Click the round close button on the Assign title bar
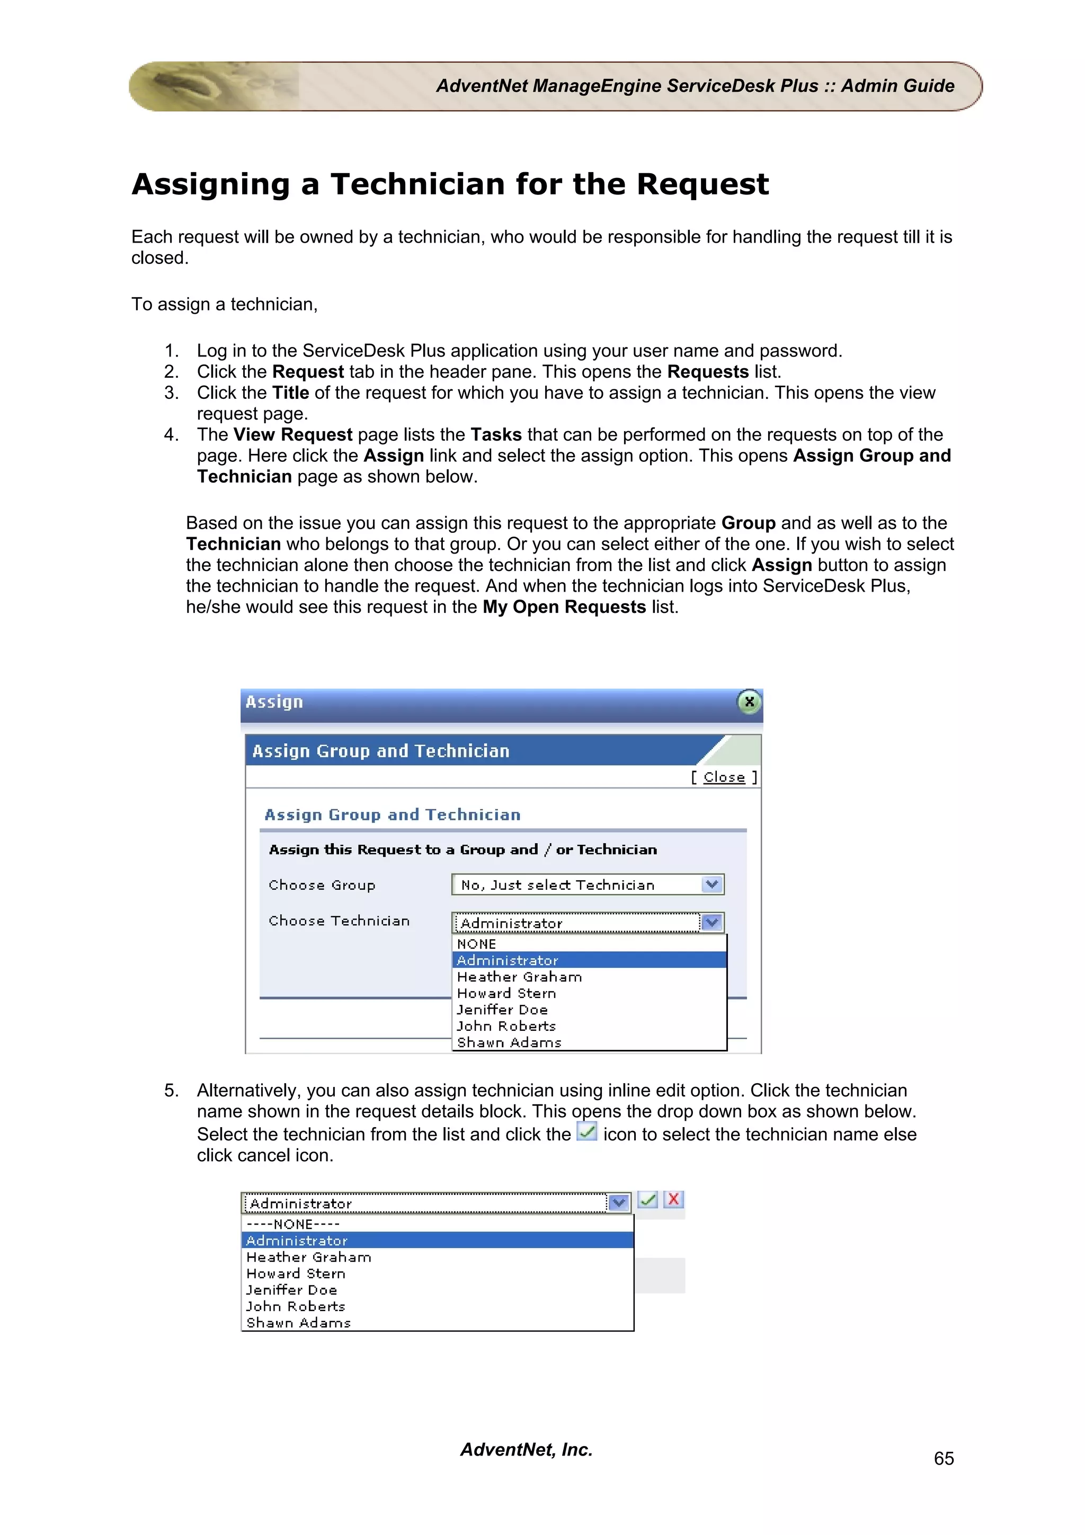(x=749, y=701)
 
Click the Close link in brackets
(x=724, y=777)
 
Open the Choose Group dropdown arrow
(x=713, y=885)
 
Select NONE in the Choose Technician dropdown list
(x=477, y=944)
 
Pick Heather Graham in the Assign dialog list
(x=519, y=977)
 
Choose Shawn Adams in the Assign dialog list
(x=509, y=1042)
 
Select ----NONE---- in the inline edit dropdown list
(x=293, y=1224)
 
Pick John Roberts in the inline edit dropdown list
(x=296, y=1306)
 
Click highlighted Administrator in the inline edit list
(x=297, y=1241)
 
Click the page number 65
(x=943, y=1458)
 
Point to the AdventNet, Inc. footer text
(x=526, y=1449)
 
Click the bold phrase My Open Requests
(x=564, y=607)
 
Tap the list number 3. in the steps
(x=171, y=392)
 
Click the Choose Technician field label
(x=339, y=921)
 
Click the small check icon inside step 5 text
(x=586, y=1132)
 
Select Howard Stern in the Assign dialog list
(x=506, y=994)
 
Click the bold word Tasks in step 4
(x=495, y=434)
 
